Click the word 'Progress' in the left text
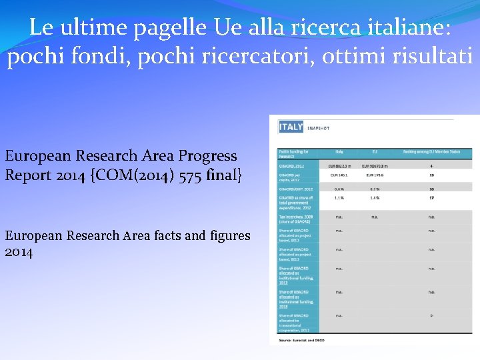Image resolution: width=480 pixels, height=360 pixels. coord(204,156)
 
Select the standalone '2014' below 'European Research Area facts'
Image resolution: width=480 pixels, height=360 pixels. coord(19,253)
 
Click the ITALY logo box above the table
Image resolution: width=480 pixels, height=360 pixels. coord(291,127)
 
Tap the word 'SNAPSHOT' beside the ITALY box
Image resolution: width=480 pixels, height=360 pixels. coord(317,127)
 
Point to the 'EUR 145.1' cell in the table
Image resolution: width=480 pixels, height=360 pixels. coord(339,175)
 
